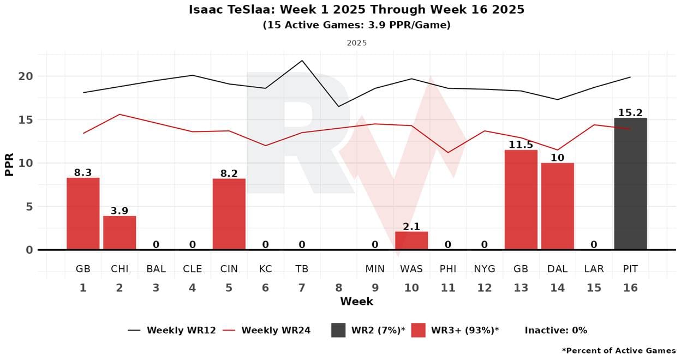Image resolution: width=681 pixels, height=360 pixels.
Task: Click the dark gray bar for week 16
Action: pyautogui.click(x=630, y=184)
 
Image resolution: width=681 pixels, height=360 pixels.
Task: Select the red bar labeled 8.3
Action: pyautogui.click(x=83, y=214)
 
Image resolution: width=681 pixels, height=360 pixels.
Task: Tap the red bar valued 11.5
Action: pyautogui.click(x=521, y=200)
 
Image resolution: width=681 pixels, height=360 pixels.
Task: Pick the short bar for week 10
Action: pyautogui.click(x=411, y=241)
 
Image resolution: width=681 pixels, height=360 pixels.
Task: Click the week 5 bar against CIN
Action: pyautogui.click(x=229, y=214)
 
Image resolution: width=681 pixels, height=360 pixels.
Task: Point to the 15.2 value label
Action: pyautogui.click(x=630, y=113)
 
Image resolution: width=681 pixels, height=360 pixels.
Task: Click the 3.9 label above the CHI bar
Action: pyautogui.click(x=120, y=211)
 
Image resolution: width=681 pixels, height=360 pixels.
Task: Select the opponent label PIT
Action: pyautogui.click(x=630, y=269)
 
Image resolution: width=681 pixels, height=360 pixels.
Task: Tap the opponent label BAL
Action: pyautogui.click(x=156, y=269)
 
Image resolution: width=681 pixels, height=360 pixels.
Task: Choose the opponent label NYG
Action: pyautogui.click(x=485, y=269)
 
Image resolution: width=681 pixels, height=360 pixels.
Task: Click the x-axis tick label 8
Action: pyautogui.click(x=338, y=288)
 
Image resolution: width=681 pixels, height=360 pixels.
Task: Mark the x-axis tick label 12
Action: pyautogui.click(x=485, y=288)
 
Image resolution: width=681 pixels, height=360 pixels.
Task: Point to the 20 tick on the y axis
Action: pyautogui.click(x=26, y=76)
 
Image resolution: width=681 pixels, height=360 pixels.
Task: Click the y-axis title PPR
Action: pyautogui.click(x=9, y=163)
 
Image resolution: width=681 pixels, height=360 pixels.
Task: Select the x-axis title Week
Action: pyautogui.click(x=356, y=301)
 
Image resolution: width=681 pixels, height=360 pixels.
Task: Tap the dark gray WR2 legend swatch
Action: pyautogui.click(x=338, y=330)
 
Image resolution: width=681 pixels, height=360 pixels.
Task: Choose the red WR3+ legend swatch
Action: pyautogui.click(x=418, y=330)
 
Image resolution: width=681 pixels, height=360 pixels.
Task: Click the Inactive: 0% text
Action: pyautogui.click(x=555, y=330)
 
